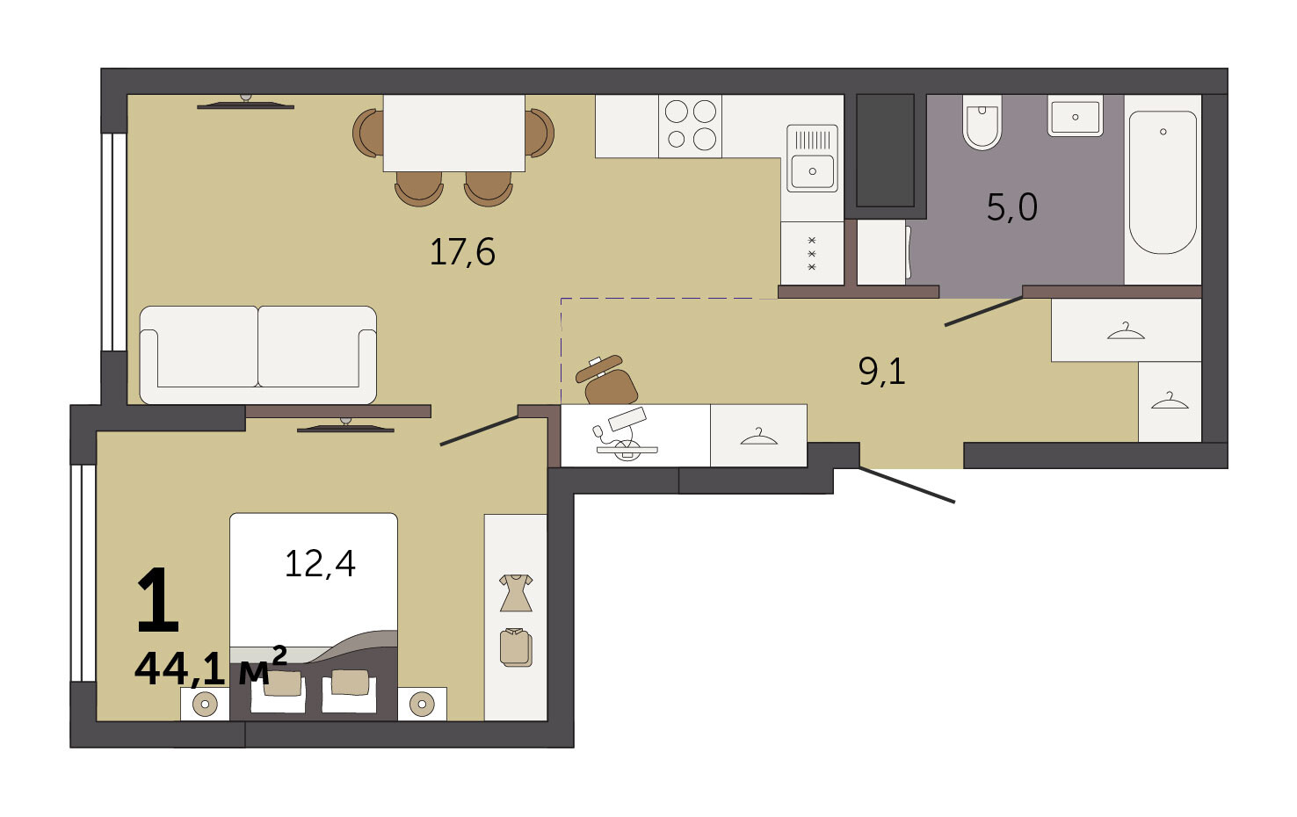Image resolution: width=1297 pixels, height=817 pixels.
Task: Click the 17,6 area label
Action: tap(462, 253)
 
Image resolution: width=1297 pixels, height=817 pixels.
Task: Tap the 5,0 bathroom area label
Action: tap(1011, 207)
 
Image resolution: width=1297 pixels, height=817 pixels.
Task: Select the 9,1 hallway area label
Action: tap(881, 371)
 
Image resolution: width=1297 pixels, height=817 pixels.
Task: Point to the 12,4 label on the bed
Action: tap(320, 563)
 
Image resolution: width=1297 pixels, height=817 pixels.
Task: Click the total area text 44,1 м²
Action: tap(210, 667)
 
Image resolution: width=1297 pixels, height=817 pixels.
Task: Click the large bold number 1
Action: tap(157, 600)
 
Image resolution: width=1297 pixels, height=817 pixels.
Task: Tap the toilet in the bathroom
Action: tap(982, 122)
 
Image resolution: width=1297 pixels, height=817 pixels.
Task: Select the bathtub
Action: tap(1163, 183)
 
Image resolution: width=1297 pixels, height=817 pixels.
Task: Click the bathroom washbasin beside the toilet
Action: tap(1075, 116)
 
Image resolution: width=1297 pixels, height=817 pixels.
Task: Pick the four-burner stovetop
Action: tap(690, 127)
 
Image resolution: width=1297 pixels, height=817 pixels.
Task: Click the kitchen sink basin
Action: tap(812, 171)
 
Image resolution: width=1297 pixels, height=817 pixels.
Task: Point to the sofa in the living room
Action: tap(258, 355)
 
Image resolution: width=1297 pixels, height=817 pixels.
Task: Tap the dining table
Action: tap(454, 134)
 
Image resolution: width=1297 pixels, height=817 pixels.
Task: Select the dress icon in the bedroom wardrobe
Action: tap(516, 593)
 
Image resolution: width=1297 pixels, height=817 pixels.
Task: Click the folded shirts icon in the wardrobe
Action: tap(516, 647)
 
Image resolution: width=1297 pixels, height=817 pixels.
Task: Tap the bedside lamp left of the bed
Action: tap(205, 704)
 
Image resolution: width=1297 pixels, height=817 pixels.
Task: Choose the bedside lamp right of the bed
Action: tap(422, 704)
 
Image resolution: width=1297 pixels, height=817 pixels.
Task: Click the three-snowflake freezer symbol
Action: tap(812, 254)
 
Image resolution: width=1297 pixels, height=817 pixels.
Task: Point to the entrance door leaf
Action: tap(907, 485)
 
